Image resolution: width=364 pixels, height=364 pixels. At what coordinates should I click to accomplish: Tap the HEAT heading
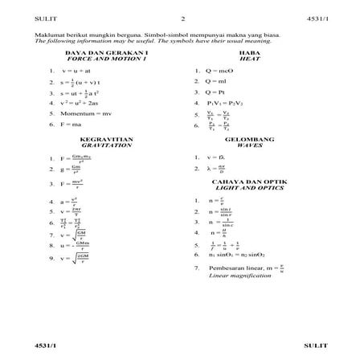pyautogui.click(x=247, y=60)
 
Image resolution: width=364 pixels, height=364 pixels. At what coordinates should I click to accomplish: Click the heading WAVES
pyautogui.click(x=247, y=145)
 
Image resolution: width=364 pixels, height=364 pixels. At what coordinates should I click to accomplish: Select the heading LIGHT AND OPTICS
pyautogui.click(x=246, y=190)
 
